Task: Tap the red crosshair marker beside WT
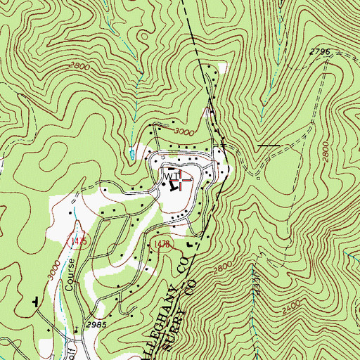(x=181, y=181)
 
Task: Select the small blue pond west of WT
(x=131, y=150)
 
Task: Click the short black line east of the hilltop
(x=268, y=146)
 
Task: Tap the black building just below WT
(x=172, y=186)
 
